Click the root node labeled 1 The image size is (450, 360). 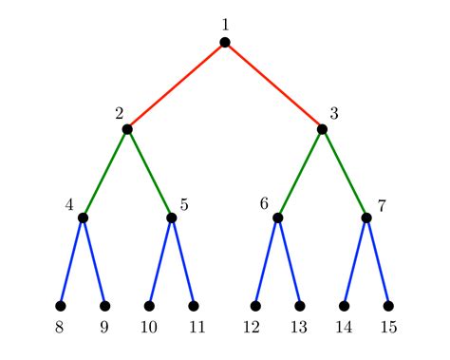pyautogui.click(x=225, y=41)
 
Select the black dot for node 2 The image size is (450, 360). pyautogui.click(x=127, y=129)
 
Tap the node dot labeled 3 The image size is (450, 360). pyautogui.click(x=323, y=129)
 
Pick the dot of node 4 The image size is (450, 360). pyautogui.click(x=83, y=218)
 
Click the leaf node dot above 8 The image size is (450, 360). pyautogui.click(x=61, y=306)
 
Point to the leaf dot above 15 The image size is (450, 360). pyautogui.click(x=388, y=306)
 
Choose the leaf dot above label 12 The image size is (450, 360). pyautogui.click(x=255, y=306)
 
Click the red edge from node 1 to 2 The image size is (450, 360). pyautogui.click(x=176, y=85)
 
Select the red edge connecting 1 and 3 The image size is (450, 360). pyautogui.click(x=274, y=85)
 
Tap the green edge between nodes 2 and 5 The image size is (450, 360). pyautogui.click(x=149, y=173)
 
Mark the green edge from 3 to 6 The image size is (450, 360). pyautogui.click(x=300, y=173)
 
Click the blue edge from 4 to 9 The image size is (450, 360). pyautogui.click(x=94, y=262)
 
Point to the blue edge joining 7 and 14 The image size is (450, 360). pyautogui.click(x=355, y=262)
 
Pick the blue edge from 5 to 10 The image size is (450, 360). pyautogui.click(x=160, y=262)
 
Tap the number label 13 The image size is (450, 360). pyautogui.click(x=300, y=328)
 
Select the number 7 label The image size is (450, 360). pyautogui.click(x=382, y=204)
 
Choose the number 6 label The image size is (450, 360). pyautogui.click(x=263, y=203)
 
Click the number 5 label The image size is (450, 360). pyautogui.click(x=184, y=204)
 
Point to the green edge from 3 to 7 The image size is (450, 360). pyautogui.click(x=345, y=173)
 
